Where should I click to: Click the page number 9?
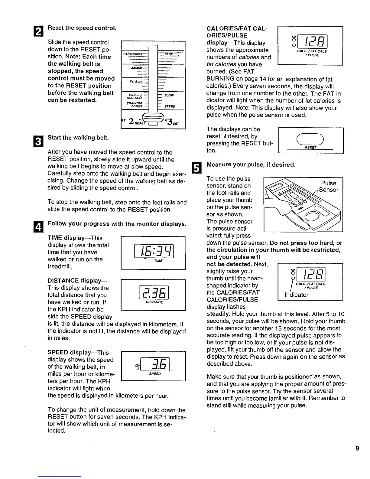pyautogui.click(x=357, y=448)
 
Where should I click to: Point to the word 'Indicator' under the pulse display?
pyautogui.click(x=297, y=295)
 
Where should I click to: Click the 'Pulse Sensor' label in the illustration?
pyautogui.click(x=328, y=187)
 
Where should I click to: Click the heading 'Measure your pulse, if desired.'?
pyautogui.click(x=251, y=165)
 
